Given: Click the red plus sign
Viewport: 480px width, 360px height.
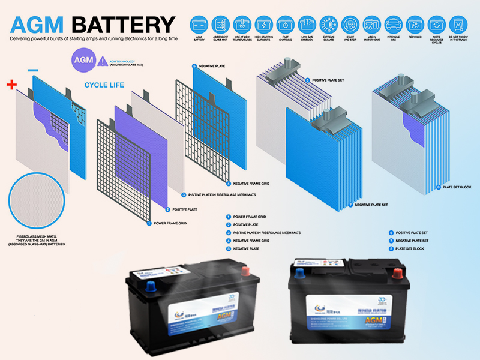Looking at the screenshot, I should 11,85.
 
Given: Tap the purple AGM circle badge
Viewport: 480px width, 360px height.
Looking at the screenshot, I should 82,61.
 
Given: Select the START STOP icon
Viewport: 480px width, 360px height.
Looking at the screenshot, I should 350,24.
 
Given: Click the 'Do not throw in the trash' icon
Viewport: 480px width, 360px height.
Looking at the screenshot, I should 458,24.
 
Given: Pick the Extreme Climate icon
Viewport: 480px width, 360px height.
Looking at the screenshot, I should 328,24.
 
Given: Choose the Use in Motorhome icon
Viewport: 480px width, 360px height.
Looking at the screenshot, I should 371,24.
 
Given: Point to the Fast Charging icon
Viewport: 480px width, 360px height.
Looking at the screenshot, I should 285,24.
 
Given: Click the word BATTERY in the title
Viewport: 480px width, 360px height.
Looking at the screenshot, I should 123,25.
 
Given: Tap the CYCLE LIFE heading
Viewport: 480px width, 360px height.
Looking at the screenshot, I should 104,85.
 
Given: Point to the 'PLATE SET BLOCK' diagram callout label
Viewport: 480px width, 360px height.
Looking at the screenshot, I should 455,187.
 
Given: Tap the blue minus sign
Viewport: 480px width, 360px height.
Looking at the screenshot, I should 33,70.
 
